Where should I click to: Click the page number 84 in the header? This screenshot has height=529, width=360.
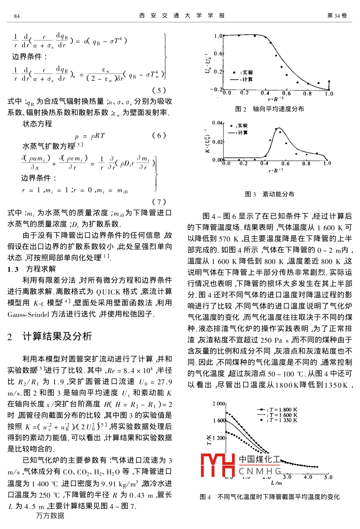click(17, 16)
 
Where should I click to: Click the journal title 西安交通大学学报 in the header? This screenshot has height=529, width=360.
click(182, 16)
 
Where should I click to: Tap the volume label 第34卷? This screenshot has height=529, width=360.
click(337, 16)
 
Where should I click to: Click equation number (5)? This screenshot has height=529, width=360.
click(159, 90)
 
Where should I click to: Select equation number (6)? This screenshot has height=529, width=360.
click(159, 136)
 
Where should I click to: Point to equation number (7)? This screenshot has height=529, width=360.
click(159, 202)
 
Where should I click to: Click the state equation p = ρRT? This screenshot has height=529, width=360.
click(90, 136)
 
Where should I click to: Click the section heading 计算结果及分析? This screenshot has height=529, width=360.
click(57, 336)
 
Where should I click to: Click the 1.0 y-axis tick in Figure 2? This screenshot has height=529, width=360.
click(218, 36)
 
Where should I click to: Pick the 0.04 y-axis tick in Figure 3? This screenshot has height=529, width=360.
click(217, 123)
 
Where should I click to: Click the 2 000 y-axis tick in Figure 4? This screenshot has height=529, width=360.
click(219, 404)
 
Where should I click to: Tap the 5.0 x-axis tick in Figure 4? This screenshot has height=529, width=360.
click(328, 477)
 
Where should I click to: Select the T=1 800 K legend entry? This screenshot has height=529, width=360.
click(278, 410)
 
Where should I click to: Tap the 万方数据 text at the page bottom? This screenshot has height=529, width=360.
click(50, 515)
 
